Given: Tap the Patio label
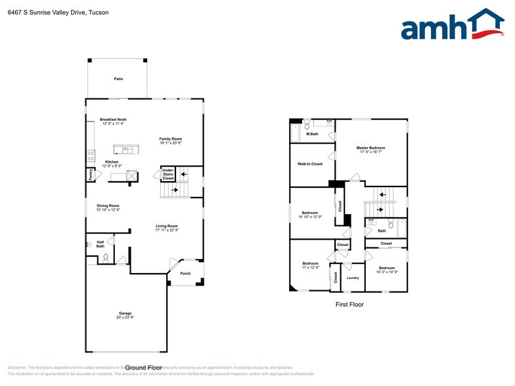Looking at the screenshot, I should pos(118,79).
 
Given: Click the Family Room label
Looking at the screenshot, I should pos(170,139).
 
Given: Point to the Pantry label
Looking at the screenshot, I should pos(90,175).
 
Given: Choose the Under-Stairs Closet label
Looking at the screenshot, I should pos(168,174).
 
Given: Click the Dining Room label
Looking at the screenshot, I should pos(108,205).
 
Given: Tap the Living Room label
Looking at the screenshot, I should pos(167,226).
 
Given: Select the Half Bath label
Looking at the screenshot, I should pos(100,244).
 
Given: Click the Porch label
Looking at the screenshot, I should pos(185,273).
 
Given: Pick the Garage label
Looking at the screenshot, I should pos(125,313).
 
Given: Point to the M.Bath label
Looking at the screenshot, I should pos(313,134).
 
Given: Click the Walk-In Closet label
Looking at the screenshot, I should pos(310,163).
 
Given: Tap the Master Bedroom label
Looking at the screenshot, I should pos(370,148).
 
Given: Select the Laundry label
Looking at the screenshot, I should pos(352,278).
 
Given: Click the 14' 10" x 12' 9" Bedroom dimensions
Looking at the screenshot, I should pos(310,217).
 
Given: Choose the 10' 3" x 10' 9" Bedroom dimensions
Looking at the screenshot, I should pos(387,272).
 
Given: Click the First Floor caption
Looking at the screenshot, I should pos(349,305).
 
